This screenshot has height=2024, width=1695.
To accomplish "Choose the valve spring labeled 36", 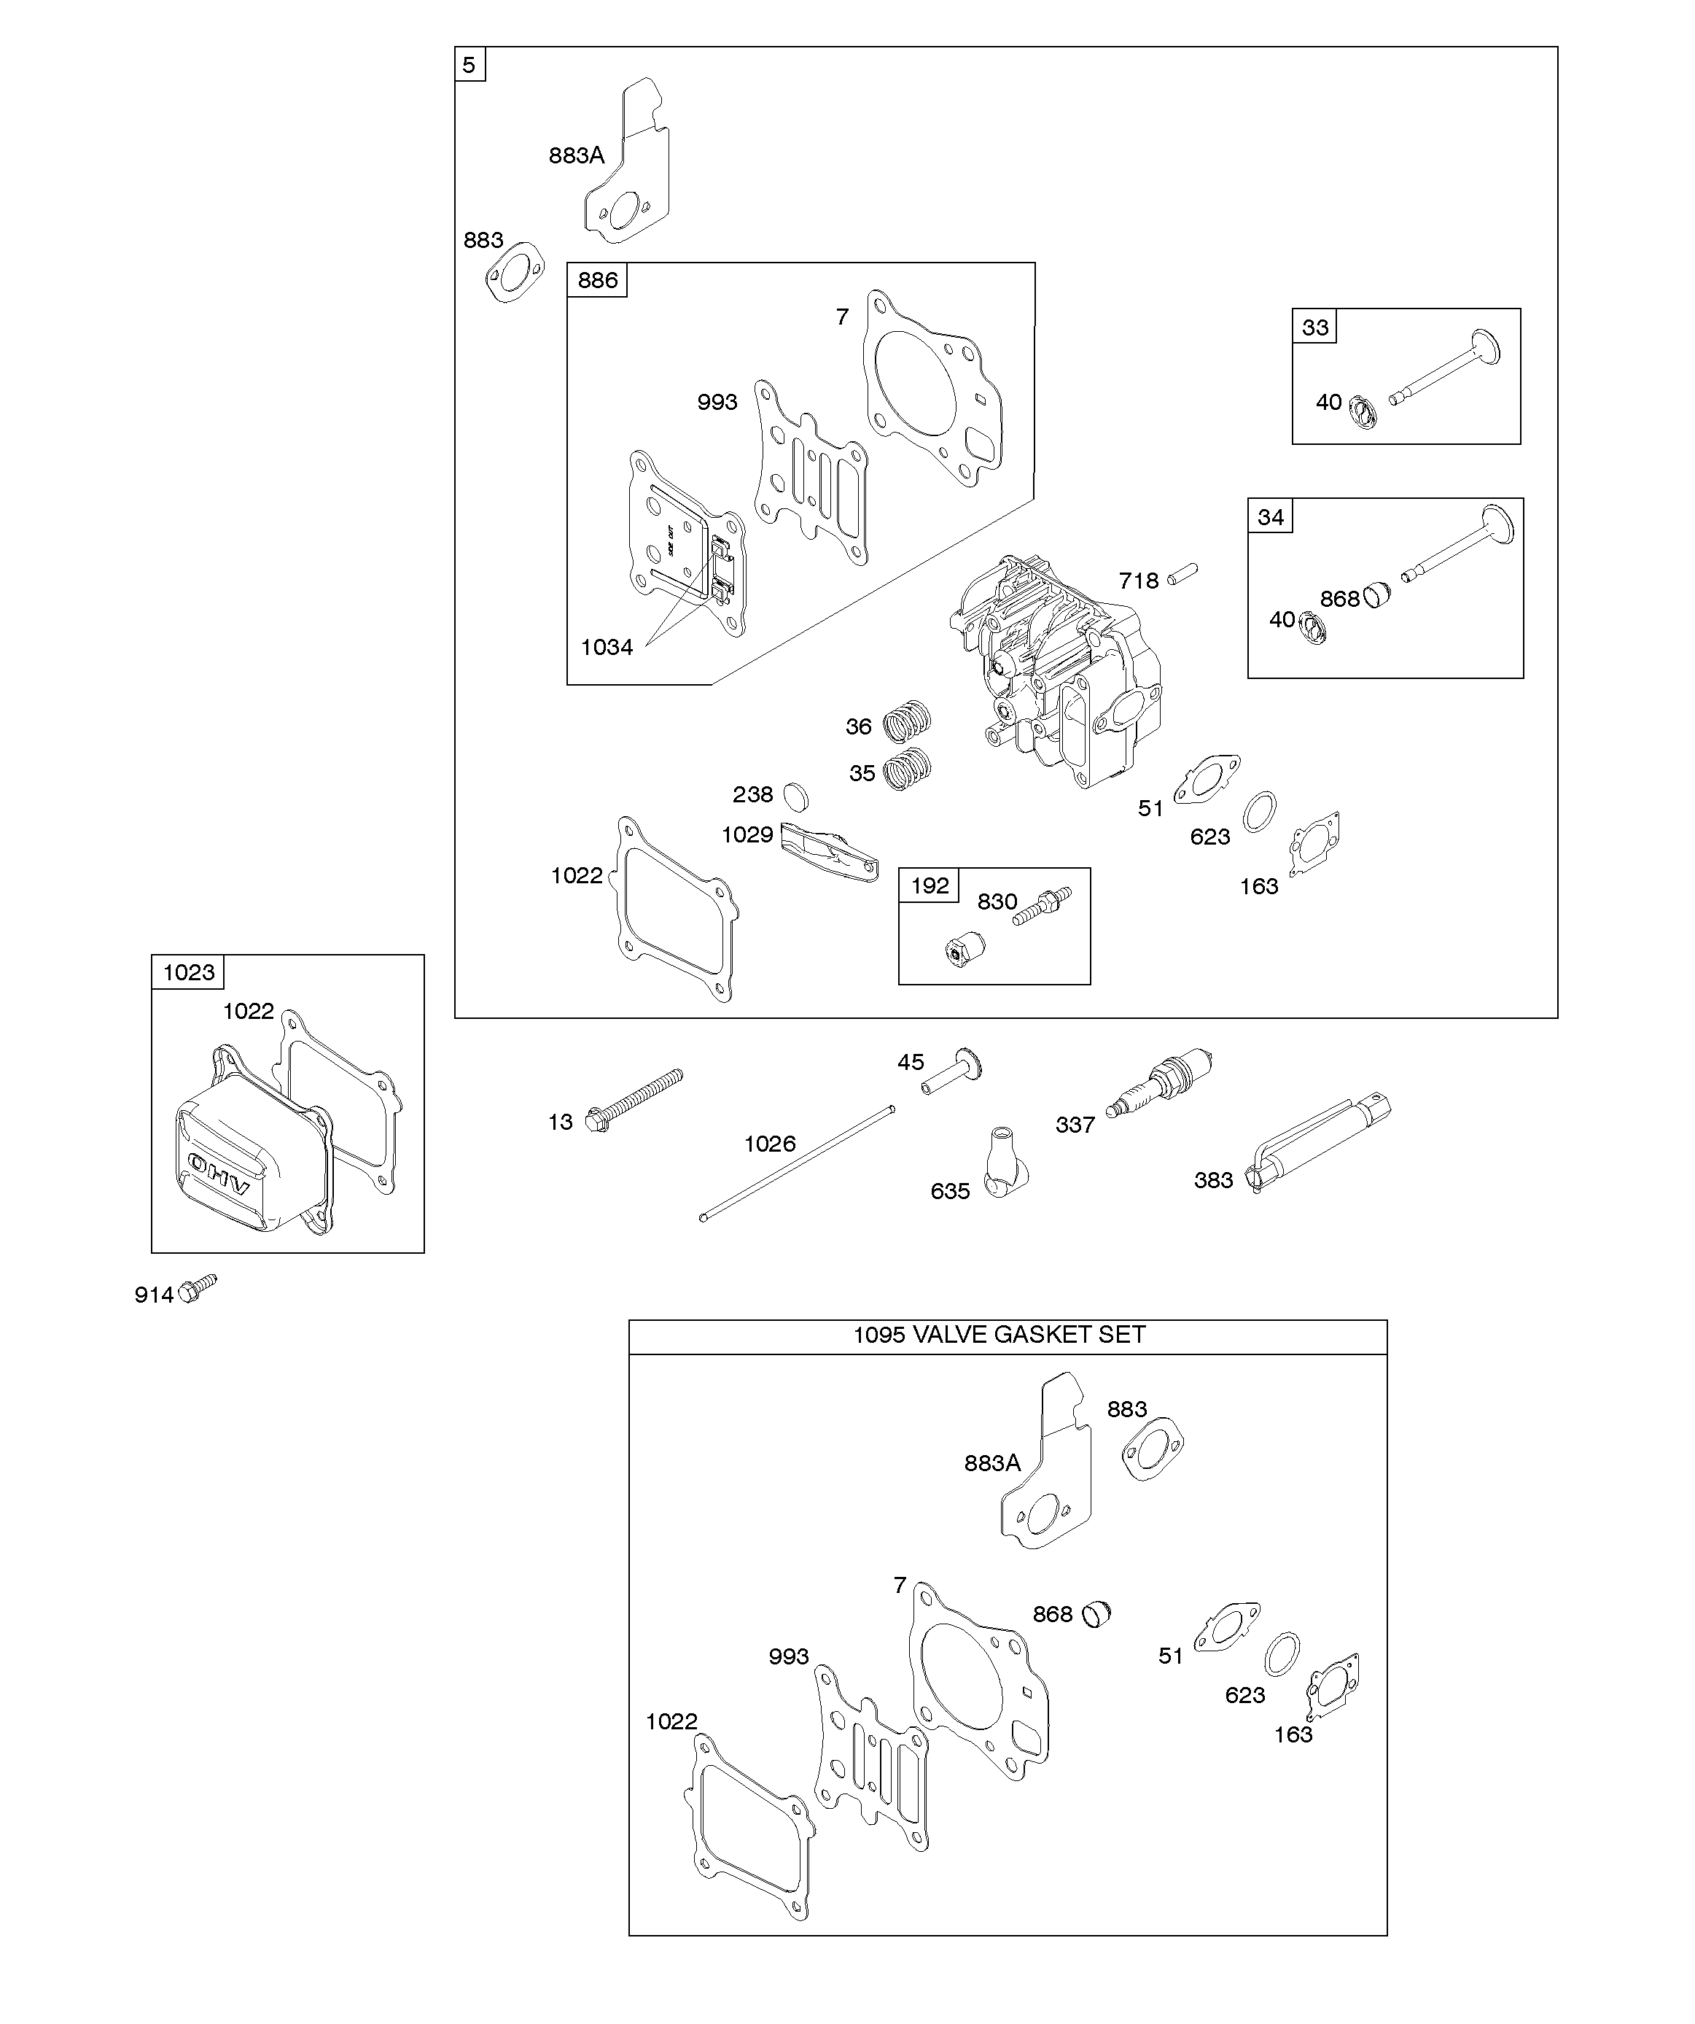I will pos(908,721).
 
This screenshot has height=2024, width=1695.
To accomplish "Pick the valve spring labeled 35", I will pos(907,769).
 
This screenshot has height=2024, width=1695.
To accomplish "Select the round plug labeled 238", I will pos(796,796).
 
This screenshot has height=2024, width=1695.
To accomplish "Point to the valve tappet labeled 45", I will pos(952,1070).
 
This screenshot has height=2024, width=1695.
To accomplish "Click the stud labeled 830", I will pos(1043,905).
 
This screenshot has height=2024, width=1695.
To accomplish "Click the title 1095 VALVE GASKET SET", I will pos(1000,1334).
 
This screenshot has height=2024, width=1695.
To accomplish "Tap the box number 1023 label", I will pos(189,972).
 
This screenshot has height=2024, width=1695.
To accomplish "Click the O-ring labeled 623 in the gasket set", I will pos(1282,1654).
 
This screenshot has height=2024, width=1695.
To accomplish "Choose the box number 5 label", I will pos(469,65).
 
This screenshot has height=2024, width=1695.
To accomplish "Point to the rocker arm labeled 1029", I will pos(830,851).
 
